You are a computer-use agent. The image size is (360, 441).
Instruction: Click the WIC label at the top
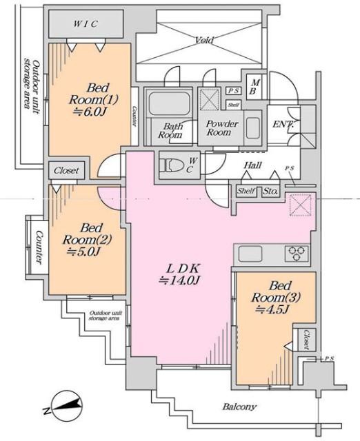(x=86, y=24)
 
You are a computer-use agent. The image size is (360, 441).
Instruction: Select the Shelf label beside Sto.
(x=246, y=192)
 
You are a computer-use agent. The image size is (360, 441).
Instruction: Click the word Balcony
(x=239, y=407)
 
